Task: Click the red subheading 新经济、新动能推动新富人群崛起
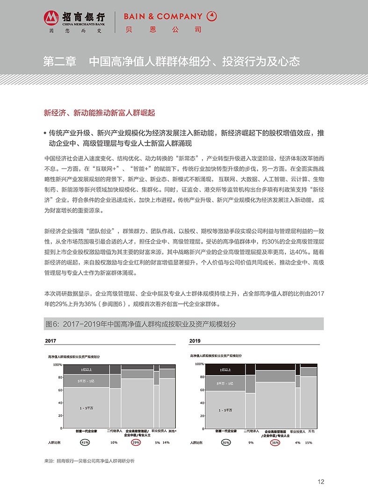click(x=99, y=113)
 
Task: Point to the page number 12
click(x=321, y=482)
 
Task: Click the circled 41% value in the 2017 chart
click(x=85, y=442)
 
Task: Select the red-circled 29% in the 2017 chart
click(x=136, y=442)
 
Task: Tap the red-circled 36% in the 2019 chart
click(x=275, y=442)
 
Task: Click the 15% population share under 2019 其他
click(x=309, y=442)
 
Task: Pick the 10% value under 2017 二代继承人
click(x=114, y=442)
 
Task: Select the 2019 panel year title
click(x=195, y=340)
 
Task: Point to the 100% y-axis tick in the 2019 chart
click(x=199, y=364)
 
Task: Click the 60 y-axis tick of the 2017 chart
click(x=60, y=390)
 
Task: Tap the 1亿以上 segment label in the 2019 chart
click(x=225, y=370)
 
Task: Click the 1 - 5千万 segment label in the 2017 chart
click(x=86, y=408)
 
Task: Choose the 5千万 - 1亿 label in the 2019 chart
click(x=225, y=384)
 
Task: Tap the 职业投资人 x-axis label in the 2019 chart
click(x=297, y=431)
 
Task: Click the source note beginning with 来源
click(x=89, y=461)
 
